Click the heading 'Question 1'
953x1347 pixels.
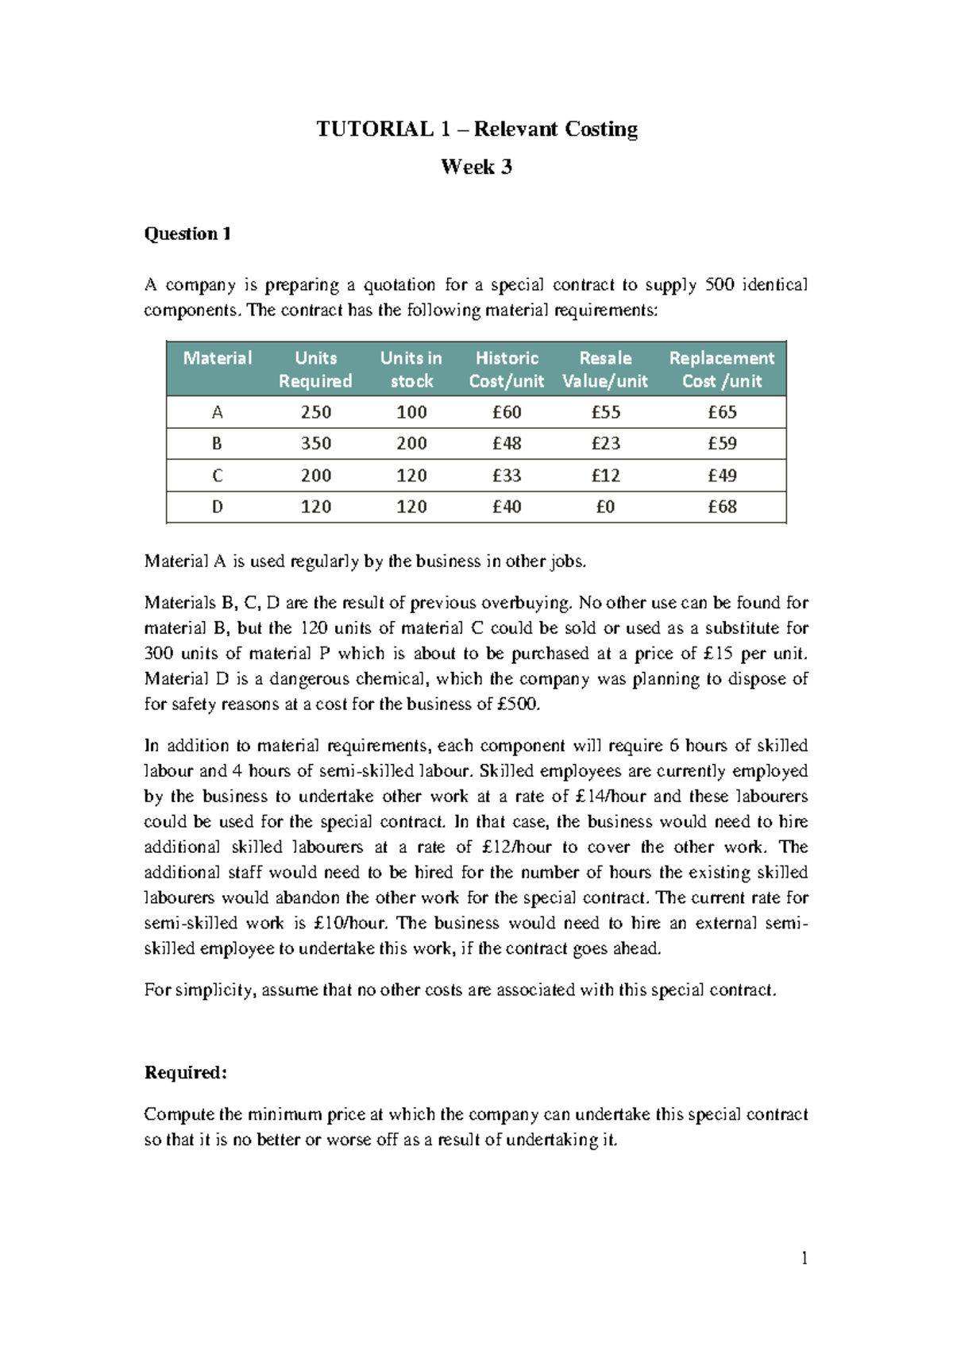(187, 234)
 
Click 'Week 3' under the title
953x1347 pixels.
(476, 167)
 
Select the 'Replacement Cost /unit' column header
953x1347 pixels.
(721, 369)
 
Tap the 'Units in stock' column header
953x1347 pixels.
(411, 369)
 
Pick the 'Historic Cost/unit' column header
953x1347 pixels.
(507, 369)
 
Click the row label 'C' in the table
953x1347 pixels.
(217, 476)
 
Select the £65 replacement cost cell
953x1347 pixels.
(722, 412)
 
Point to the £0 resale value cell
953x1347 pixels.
(605, 507)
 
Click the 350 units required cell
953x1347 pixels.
(315, 443)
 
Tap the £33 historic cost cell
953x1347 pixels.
(507, 476)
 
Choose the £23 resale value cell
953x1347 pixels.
(605, 443)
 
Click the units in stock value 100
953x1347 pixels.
(411, 412)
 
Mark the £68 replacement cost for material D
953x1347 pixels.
(722, 507)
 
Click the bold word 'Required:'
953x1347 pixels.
(186, 1073)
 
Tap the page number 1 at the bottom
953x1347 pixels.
(804, 1258)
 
